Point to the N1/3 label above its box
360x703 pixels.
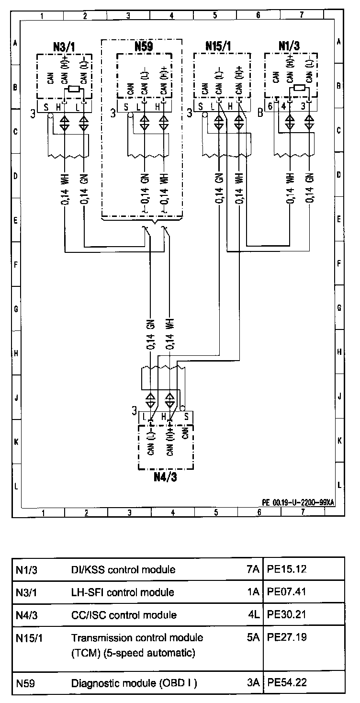coord(289,46)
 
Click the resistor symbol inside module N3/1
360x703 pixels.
coord(74,89)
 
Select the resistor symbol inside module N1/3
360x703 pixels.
coord(300,88)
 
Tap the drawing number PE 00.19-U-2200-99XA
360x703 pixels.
coord(298,502)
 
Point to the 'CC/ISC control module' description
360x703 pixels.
coord(124,615)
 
